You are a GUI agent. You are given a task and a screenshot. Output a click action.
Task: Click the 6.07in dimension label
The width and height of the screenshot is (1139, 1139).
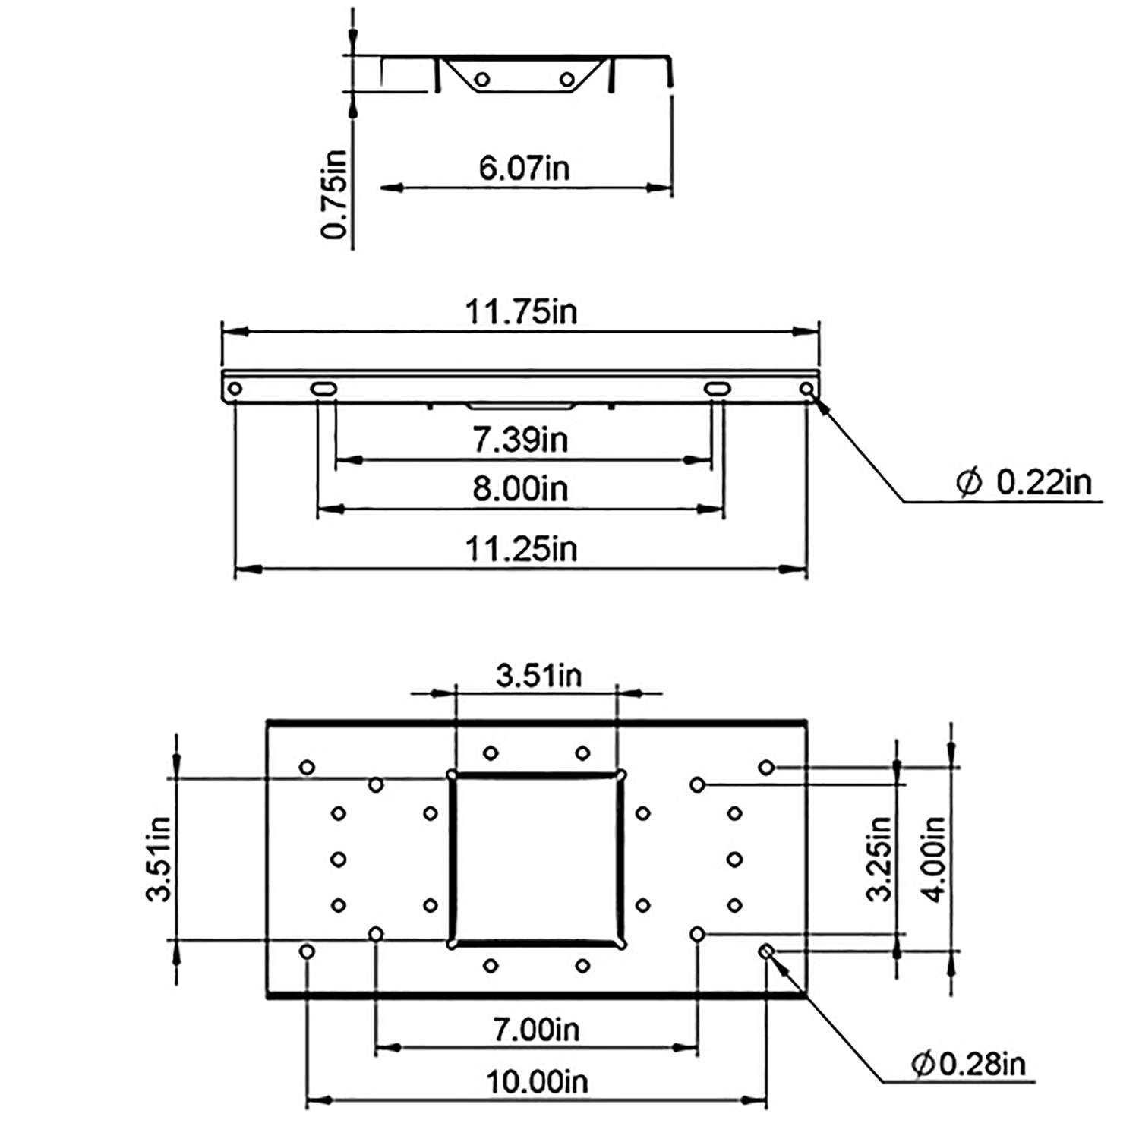coord(524,168)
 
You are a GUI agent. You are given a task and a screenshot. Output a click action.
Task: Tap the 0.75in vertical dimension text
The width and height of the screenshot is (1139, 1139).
coord(334,194)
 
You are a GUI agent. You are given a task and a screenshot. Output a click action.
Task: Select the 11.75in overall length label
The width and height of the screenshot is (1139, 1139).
coord(521,312)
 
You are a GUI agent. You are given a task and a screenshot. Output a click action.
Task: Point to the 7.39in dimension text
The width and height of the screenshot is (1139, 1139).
coord(520,440)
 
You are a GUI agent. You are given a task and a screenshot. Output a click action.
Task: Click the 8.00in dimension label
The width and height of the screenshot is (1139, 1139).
coord(520,488)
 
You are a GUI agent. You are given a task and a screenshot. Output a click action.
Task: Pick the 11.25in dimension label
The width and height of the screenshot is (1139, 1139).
coord(521,548)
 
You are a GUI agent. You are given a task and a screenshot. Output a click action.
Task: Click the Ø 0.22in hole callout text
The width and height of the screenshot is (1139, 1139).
coord(1024,482)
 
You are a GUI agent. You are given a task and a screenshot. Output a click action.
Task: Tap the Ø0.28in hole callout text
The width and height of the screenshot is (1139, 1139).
coord(968,1064)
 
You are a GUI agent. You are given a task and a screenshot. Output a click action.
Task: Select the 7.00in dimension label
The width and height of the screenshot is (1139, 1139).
coord(536,1030)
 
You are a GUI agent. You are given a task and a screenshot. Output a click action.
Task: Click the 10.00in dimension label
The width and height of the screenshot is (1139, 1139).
coord(537,1082)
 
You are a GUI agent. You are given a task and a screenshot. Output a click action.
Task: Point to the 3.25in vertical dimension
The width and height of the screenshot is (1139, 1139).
coord(879,859)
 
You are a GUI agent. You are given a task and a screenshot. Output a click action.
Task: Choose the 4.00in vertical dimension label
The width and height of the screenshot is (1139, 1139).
coord(934,859)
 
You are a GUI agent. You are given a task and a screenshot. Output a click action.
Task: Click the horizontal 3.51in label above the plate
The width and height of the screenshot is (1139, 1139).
coord(538,675)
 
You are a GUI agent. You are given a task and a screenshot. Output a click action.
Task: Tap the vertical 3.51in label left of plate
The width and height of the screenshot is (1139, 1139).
coord(158,859)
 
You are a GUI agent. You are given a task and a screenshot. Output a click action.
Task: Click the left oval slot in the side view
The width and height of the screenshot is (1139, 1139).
coord(323,389)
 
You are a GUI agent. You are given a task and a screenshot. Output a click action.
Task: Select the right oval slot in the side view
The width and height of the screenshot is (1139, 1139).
coord(717,389)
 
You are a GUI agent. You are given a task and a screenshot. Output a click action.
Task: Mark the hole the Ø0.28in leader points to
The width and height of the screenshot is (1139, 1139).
coord(766,951)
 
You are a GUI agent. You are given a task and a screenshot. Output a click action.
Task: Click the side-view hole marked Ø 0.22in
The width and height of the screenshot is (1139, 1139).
coord(806,389)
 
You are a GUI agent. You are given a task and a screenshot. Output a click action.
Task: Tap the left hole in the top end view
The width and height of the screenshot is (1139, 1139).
coord(481,80)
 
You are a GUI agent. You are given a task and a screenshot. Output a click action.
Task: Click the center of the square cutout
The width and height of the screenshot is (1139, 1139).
coord(537,860)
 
